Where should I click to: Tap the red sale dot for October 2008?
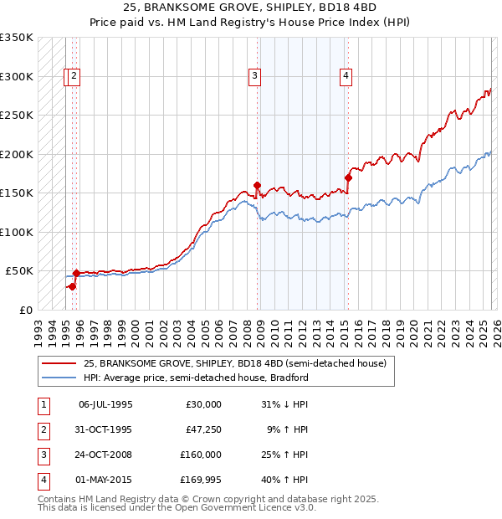257,186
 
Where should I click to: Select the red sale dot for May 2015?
348,177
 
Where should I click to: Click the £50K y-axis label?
19,271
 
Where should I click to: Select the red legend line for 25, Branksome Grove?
60,364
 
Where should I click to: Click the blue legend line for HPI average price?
60,378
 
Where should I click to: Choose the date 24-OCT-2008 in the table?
105,456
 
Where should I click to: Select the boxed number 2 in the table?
42,430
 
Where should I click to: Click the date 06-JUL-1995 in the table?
105,404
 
